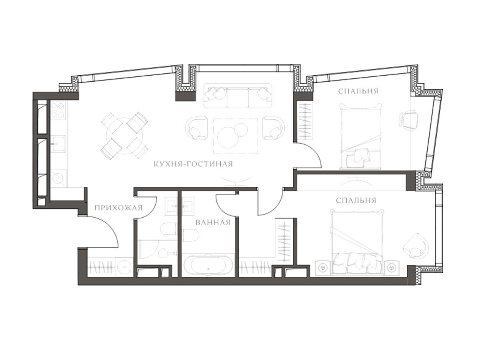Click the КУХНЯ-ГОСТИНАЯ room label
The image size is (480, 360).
tap(193, 164)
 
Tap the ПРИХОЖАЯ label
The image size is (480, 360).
tap(118, 208)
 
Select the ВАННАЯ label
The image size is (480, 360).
tap(213, 222)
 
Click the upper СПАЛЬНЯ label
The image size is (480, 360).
tap(358, 91)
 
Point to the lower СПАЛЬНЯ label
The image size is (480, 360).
tap(356, 200)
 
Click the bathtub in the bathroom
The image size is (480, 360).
tap(208, 265)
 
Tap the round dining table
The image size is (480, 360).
tap(124, 136)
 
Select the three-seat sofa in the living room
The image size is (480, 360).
tap(238, 96)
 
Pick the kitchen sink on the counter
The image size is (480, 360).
tap(58, 144)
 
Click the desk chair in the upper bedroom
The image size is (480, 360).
tap(408, 121)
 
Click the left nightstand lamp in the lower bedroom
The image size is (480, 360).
tap(322, 267)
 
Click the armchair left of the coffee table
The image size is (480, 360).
tap(196, 128)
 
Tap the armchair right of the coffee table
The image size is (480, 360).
tap(274, 128)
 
